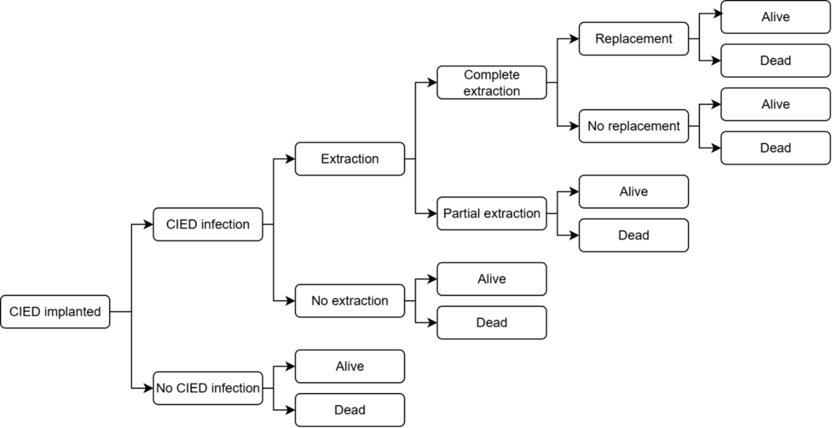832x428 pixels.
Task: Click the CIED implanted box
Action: [x=55, y=312]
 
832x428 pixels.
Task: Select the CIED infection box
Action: [x=207, y=224]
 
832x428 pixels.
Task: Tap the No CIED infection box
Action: [x=207, y=388]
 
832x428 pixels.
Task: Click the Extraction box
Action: [x=350, y=159]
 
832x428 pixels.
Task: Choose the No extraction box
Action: [x=350, y=301]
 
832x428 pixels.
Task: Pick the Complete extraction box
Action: [x=492, y=82]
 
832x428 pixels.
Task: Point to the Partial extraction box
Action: [x=492, y=213]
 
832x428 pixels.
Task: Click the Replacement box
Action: [x=633, y=39]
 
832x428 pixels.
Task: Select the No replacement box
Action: [x=633, y=126]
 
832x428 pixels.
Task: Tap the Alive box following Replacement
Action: [x=775, y=17]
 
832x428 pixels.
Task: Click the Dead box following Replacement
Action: [x=775, y=61]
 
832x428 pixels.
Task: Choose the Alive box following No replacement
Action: [x=775, y=104]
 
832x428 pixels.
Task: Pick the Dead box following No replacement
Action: [x=775, y=148]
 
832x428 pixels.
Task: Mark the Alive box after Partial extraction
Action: [x=633, y=192]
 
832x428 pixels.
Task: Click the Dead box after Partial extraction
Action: [x=633, y=235]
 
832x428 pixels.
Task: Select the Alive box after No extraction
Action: [x=492, y=279]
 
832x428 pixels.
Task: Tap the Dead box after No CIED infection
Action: [x=350, y=410]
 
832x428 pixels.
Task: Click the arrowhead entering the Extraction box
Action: [x=290, y=159]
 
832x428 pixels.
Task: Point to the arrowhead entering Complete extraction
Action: [x=432, y=82]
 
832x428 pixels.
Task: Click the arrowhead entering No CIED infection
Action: [x=148, y=388]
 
